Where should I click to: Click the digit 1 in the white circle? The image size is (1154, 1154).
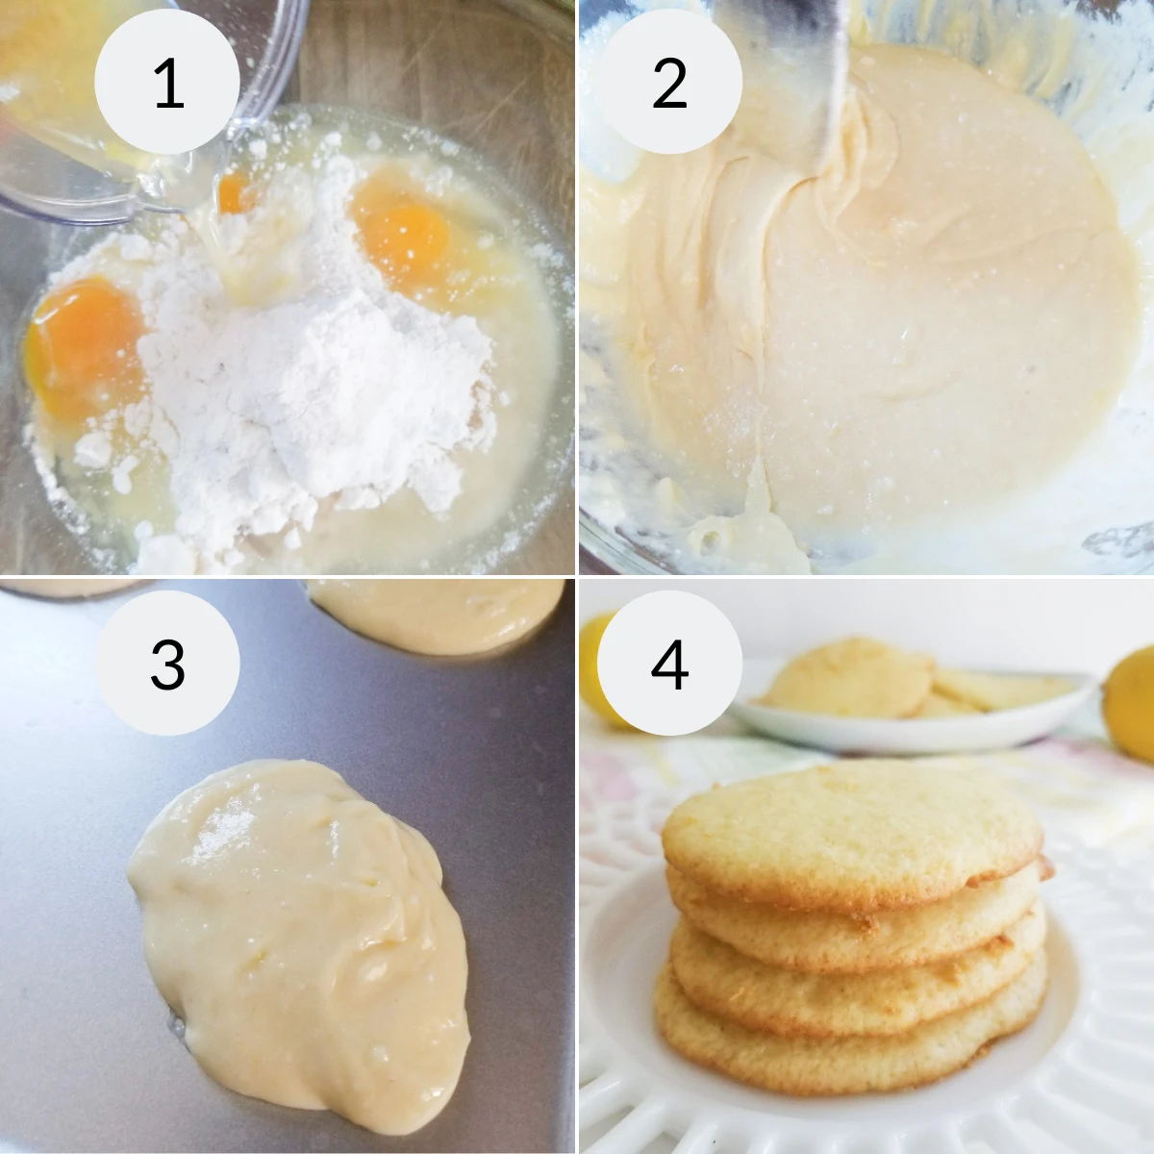point(168,84)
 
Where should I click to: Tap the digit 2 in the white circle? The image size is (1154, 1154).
point(669,84)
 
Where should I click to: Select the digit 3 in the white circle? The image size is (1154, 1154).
point(167,665)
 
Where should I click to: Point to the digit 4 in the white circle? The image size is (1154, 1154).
point(669,665)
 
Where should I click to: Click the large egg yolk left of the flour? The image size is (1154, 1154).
point(85,346)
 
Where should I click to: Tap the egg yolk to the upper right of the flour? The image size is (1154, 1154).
point(404,231)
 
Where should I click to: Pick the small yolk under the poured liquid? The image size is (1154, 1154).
point(234,192)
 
